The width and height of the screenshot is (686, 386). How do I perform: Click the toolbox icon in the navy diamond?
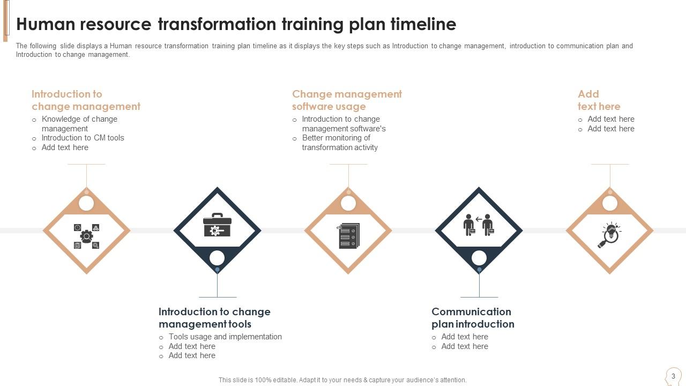tap(217, 225)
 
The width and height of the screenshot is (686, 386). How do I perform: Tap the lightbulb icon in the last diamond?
tap(609, 235)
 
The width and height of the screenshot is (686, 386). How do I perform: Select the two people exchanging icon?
tap(479, 225)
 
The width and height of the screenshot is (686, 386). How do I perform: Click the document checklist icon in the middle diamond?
tap(348, 235)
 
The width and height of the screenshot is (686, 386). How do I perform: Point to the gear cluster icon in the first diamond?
tap(86, 236)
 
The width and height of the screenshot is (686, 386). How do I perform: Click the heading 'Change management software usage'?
tap(347, 100)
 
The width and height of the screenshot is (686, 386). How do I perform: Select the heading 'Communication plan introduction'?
tap(473, 318)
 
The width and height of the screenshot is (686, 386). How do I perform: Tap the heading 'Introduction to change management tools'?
tap(214, 318)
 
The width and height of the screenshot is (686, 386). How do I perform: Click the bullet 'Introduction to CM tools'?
tap(83, 138)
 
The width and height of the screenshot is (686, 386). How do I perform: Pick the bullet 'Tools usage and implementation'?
tap(225, 337)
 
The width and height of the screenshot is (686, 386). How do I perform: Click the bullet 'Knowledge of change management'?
tap(79, 124)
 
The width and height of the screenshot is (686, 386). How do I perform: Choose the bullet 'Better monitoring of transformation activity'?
tap(340, 143)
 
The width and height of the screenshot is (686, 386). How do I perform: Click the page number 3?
tap(673, 376)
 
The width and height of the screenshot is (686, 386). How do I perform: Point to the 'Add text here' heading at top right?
tap(599, 100)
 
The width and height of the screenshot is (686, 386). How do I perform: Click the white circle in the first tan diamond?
tap(86, 203)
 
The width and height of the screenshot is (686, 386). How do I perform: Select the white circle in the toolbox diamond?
tap(217, 258)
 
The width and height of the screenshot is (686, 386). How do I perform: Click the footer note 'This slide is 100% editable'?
tap(342, 380)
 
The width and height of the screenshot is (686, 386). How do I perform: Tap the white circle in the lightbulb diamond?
tap(610, 203)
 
